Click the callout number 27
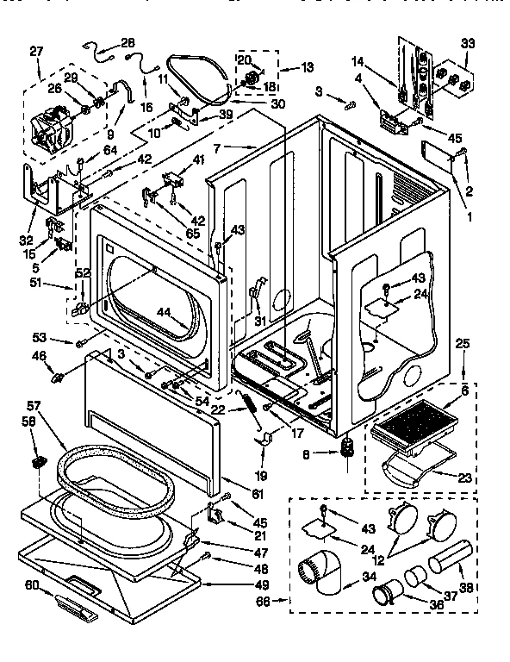tap(35, 51)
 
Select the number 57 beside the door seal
tap(34, 404)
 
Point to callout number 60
tap(32, 586)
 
